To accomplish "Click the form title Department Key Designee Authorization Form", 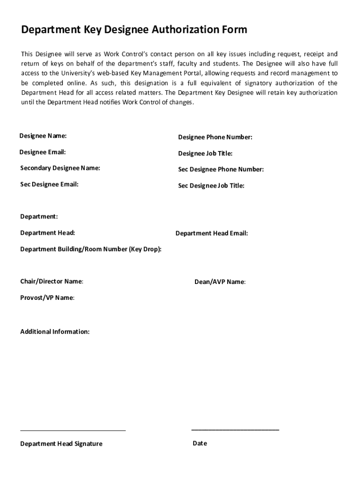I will click(x=134, y=30).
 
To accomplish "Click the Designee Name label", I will click(x=43, y=136).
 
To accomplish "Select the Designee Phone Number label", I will click(x=215, y=137).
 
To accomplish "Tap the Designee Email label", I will click(x=43, y=152).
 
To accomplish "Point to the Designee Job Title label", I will click(x=205, y=153).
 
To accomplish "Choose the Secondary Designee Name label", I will click(x=60, y=168).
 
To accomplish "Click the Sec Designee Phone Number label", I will click(x=221, y=169).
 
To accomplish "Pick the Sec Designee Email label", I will click(x=49, y=184).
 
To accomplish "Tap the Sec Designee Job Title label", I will click(x=211, y=186).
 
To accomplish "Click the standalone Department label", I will click(x=39, y=217).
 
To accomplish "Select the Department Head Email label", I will click(x=211, y=233).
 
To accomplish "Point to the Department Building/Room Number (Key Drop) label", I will click(x=91, y=249).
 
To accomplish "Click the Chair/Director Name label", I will click(x=52, y=282).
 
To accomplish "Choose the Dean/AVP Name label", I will click(x=220, y=282).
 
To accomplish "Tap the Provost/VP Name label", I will click(x=47, y=298).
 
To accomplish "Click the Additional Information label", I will click(x=55, y=332).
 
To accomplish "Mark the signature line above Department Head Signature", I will click(x=73, y=430).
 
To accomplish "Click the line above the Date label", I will click(x=235, y=429).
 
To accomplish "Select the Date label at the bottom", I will click(x=200, y=443).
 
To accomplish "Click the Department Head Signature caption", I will click(x=61, y=443).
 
